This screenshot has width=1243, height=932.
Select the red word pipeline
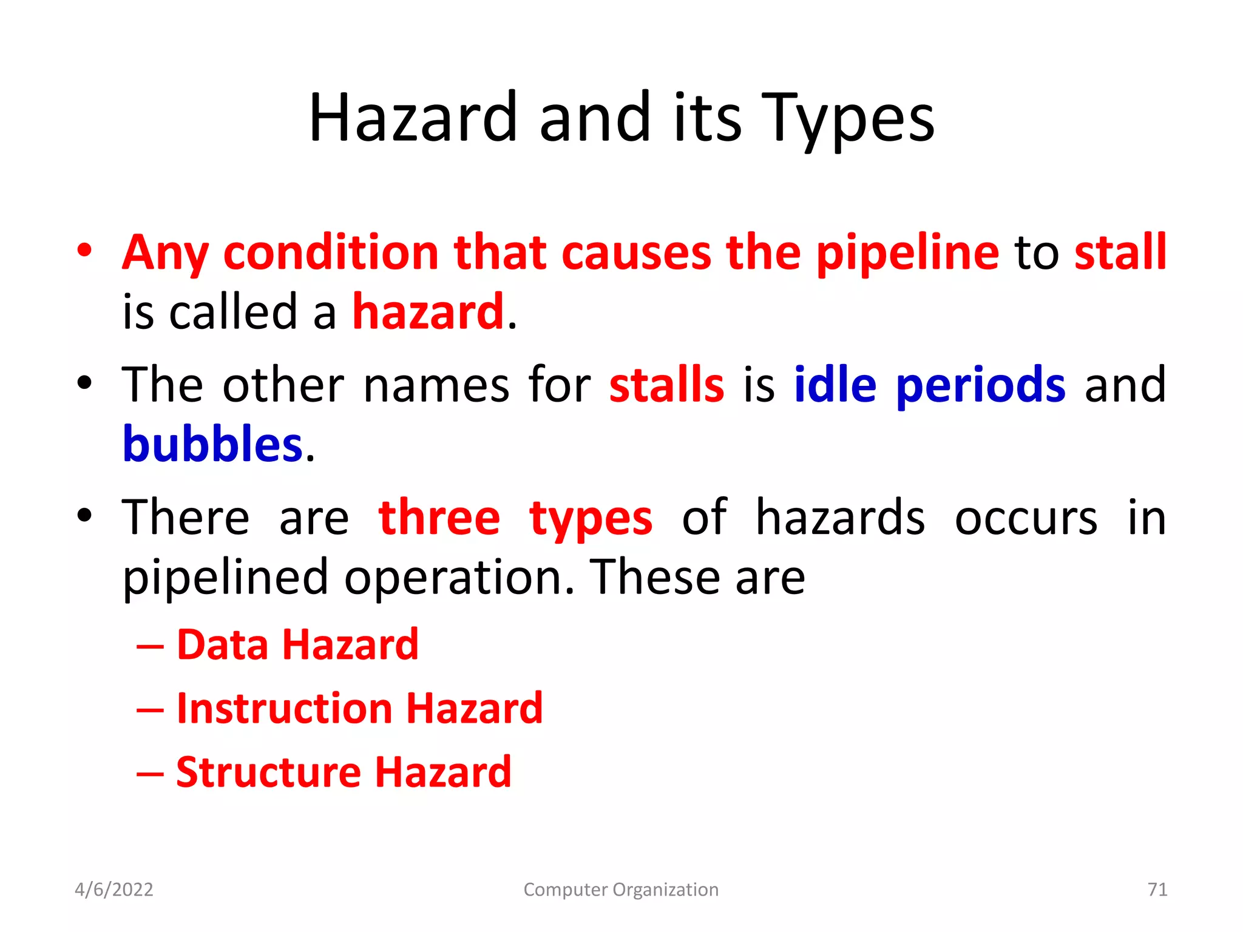click(x=907, y=252)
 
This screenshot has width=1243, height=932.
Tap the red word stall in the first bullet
click(x=1120, y=252)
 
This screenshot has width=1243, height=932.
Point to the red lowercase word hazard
click(x=428, y=312)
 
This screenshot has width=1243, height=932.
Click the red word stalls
click(x=666, y=385)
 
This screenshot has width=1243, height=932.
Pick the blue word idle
click(x=835, y=385)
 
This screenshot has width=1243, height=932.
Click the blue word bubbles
click(x=212, y=444)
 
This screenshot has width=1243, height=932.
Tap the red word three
click(x=439, y=518)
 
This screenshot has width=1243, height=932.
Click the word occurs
click(x=1026, y=518)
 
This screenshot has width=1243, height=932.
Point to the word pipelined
click(x=225, y=578)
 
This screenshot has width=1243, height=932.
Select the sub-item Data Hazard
click(x=297, y=644)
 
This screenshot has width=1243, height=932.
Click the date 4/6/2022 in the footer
click(x=114, y=890)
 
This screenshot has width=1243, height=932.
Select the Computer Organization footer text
click(x=621, y=890)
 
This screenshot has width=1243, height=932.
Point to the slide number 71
click(x=1157, y=890)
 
